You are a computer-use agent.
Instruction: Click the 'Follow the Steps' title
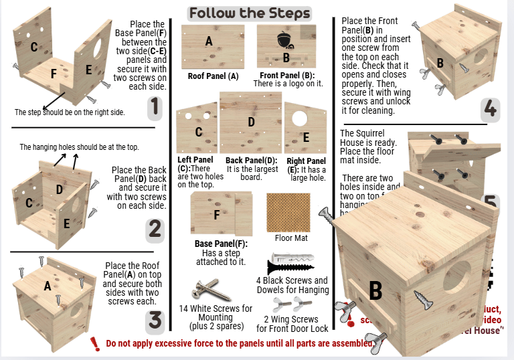249,13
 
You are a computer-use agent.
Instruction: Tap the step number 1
155,107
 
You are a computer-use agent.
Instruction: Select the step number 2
155,230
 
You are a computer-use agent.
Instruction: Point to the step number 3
155,321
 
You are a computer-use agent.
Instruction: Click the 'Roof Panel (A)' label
213,76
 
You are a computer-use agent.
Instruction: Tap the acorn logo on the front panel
286,38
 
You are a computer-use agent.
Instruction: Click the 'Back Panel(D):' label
251,161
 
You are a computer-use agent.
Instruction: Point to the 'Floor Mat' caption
290,238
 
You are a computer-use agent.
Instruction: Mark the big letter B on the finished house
375,290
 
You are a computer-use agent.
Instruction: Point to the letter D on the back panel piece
251,122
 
